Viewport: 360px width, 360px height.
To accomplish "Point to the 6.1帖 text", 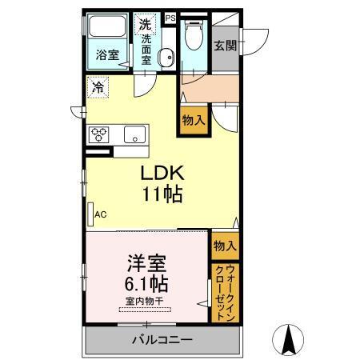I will point(146,283).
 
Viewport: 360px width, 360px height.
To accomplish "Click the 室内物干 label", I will point(145,301).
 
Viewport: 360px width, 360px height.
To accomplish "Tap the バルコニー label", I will point(162,340).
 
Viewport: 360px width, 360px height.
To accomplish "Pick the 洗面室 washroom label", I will point(146,47).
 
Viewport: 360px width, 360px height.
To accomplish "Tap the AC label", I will point(101,214).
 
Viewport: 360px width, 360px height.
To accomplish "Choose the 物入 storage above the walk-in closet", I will point(224,246).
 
